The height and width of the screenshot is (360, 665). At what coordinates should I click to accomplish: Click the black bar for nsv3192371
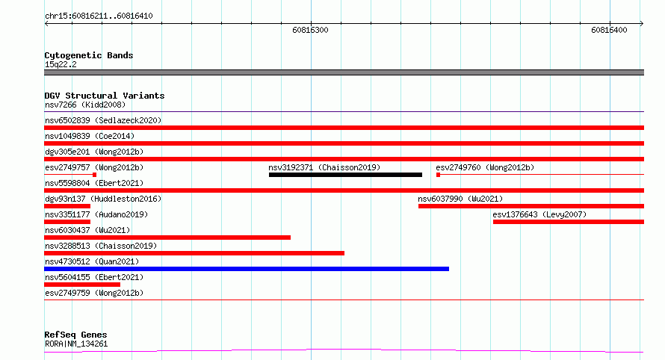click(x=345, y=175)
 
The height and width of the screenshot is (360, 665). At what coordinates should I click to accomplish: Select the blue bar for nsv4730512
click(x=247, y=269)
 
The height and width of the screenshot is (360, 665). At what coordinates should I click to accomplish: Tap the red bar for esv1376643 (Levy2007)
click(x=569, y=222)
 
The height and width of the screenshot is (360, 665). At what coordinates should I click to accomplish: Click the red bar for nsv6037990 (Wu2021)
click(x=531, y=206)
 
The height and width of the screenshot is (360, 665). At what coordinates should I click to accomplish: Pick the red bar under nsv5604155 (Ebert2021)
click(x=82, y=285)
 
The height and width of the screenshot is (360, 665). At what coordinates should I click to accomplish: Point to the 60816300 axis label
click(x=310, y=30)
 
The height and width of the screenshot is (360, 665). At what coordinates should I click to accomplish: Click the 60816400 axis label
click(x=609, y=30)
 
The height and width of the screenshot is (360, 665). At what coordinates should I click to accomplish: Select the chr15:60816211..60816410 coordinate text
click(x=99, y=16)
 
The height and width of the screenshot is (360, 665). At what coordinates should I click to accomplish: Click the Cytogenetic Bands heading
click(x=89, y=55)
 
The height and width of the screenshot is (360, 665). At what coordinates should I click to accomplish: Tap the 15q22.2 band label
click(x=61, y=64)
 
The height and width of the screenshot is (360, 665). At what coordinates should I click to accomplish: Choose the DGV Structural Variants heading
click(x=105, y=96)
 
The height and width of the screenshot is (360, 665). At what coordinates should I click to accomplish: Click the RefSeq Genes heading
click(x=75, y=335)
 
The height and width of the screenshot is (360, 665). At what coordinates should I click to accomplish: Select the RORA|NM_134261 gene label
click(x=76, y=344)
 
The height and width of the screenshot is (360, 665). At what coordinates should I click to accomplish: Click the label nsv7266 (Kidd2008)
click(x=85, y=105)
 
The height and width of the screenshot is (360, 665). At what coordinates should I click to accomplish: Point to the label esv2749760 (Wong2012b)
click(x=485, y=167)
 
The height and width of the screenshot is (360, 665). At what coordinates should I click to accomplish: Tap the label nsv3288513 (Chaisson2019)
click(x=101, y=246)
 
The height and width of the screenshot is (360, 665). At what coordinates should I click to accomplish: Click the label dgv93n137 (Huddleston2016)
click(x=103, y=199)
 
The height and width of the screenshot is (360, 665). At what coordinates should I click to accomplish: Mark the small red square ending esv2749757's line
click(x=95, y=175)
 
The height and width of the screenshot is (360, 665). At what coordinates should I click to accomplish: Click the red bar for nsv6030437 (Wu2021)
click(x=167, y=238)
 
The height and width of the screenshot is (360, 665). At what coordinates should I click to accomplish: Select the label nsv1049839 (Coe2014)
click(x=90, y=136)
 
